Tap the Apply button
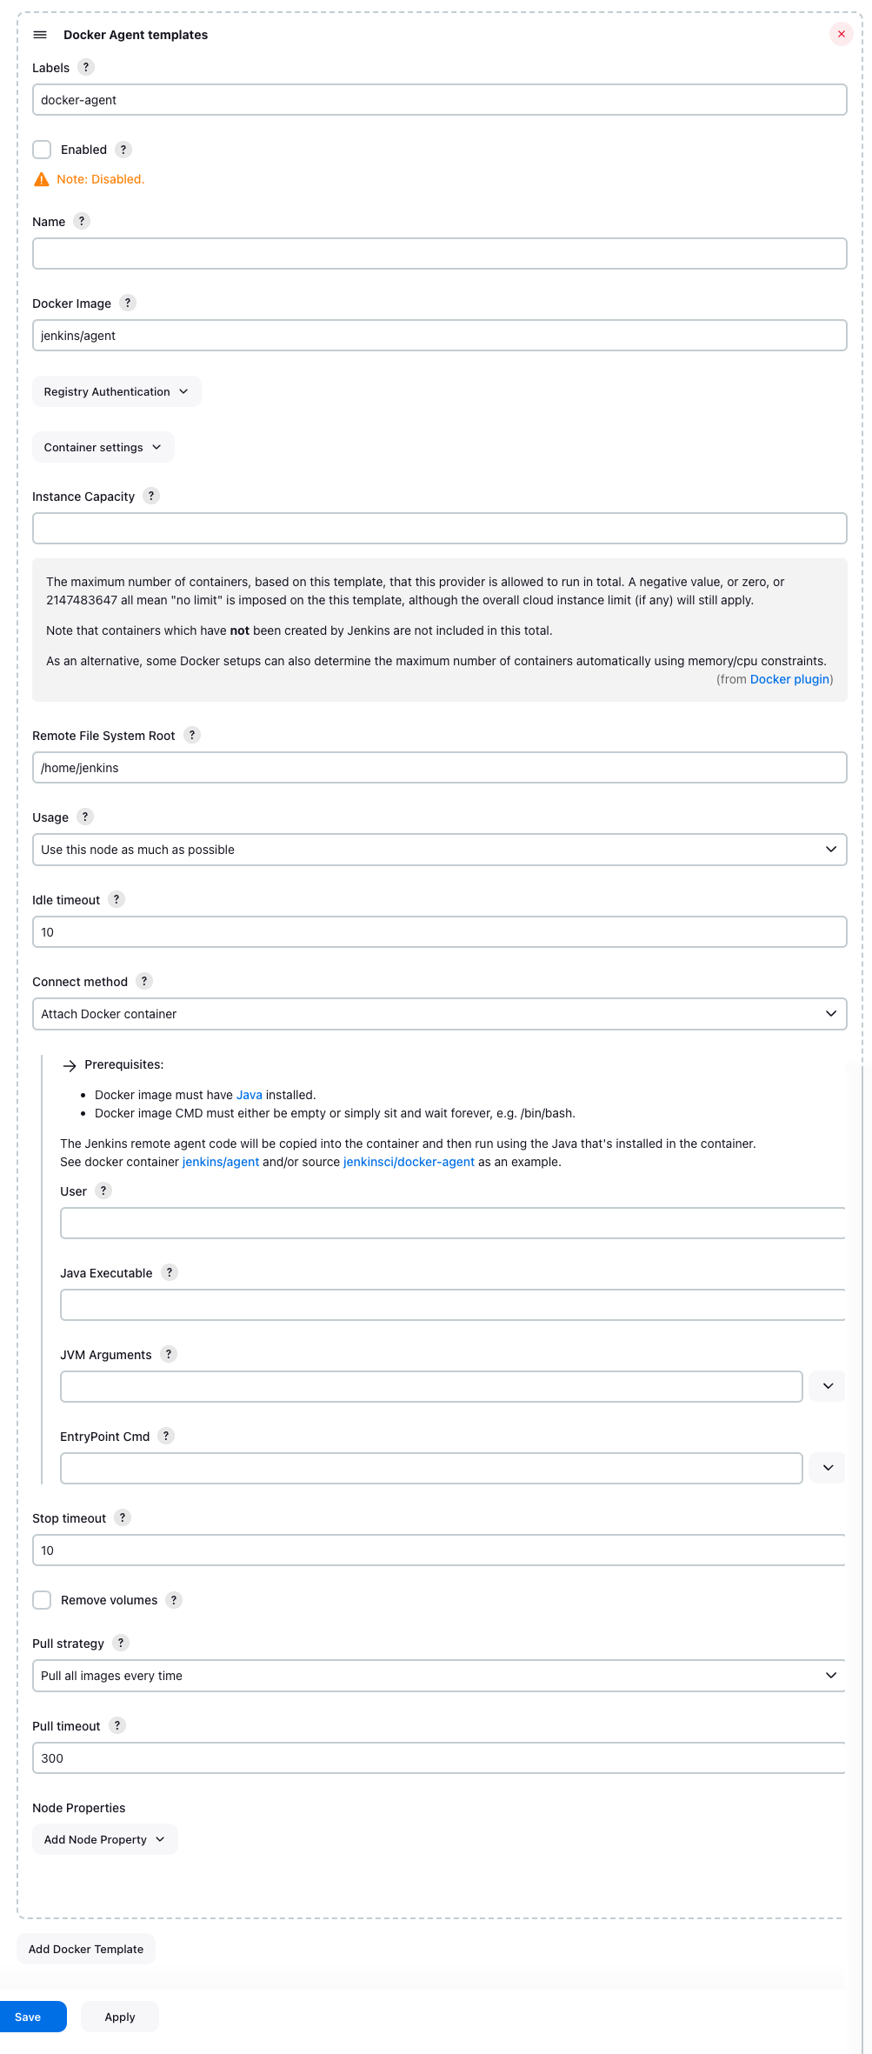(120, 2017)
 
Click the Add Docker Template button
(86, 1949)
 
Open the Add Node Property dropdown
(104, 1839)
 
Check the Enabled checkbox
(42, 150)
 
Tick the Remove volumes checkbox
(42, 1600)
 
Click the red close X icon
(841, 34)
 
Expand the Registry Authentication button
(116, 391)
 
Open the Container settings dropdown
(103, 447)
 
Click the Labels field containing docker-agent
(439, 100)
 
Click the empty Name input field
(439, 254)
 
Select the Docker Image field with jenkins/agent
(439, 336)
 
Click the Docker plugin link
(789, 679)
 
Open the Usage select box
(439, 850)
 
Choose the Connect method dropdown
(439, 1014)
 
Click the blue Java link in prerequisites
(249, 1095)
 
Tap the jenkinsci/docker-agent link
(409, 1162)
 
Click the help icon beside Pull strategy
(122, 1643)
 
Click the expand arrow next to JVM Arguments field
(828, 1386)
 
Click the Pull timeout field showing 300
(439, 1758)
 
